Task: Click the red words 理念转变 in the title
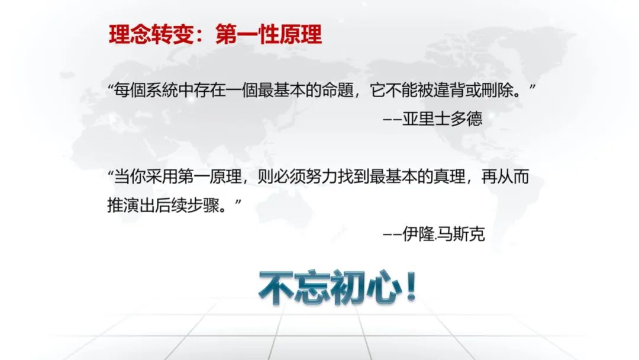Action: click(151, 34)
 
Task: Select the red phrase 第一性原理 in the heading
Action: click(269, 34)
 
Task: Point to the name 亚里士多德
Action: click(442, 119)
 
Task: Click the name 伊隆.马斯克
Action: click(443, 234)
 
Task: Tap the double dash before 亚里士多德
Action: click(392, 120)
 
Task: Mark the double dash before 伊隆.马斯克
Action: click(392, 234)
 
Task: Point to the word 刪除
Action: click(497, 90)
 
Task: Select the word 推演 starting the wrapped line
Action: click(123, 205)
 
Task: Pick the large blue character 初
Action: click(348, 287)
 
